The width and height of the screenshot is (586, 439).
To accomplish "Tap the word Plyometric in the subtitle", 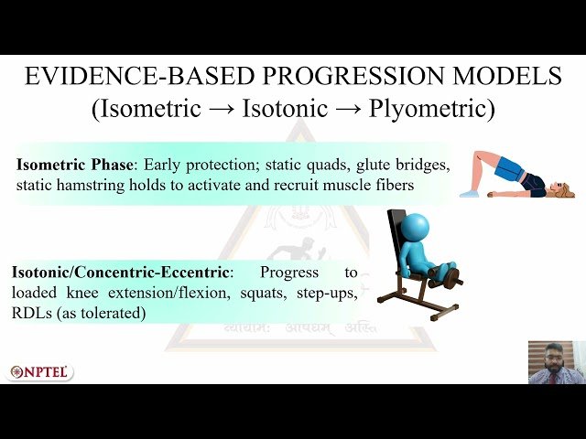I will point(431,108).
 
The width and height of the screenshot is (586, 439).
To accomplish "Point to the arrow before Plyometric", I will point(347,108).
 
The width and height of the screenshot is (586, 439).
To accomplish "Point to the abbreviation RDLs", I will point(31,313).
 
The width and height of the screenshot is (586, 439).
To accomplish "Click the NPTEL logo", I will point(40,372).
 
